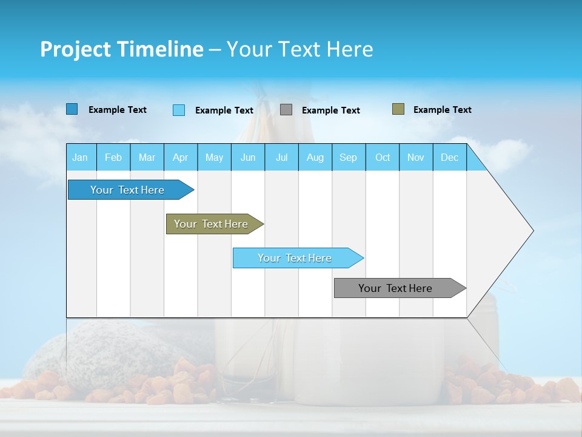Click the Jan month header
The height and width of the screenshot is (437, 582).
(81, 157)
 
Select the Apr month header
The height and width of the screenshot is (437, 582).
(180, 157)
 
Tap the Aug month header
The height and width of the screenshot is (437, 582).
(315, 157)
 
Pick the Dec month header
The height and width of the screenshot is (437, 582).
(449, 157)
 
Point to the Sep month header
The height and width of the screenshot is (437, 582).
(348, 157)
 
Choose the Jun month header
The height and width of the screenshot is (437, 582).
(248, 157)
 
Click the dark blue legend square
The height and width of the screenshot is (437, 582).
(72, 109)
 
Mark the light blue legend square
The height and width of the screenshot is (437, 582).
(179, 110)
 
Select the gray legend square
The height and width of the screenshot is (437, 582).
(286, 110)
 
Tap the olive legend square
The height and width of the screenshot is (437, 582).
(398, 109)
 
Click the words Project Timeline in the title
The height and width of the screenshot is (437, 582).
(121, 49)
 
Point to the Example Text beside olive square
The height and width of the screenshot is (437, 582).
(442, 110)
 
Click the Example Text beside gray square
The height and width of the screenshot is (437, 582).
(330, 110)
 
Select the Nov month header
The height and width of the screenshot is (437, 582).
(415, 157)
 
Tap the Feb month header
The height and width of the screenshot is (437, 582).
(113, 157)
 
